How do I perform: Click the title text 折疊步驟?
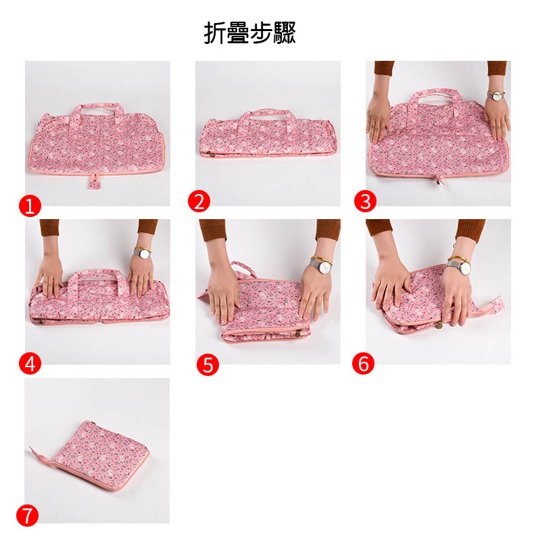(x=249, y=32)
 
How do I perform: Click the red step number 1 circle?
(x=30, y=206)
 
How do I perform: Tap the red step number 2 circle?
(x=199, y=202)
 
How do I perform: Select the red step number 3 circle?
(x=365, y=202)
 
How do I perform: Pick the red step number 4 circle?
(x=30, y=364)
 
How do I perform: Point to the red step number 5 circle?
(x=208, y=364)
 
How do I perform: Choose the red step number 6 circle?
(x=363, y=364)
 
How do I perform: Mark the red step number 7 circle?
(x=27, y=515)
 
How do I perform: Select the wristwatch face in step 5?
(x=326, y=267)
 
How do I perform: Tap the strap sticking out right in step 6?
(x=489, y=306)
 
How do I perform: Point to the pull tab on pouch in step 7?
(x=39, y=455)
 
